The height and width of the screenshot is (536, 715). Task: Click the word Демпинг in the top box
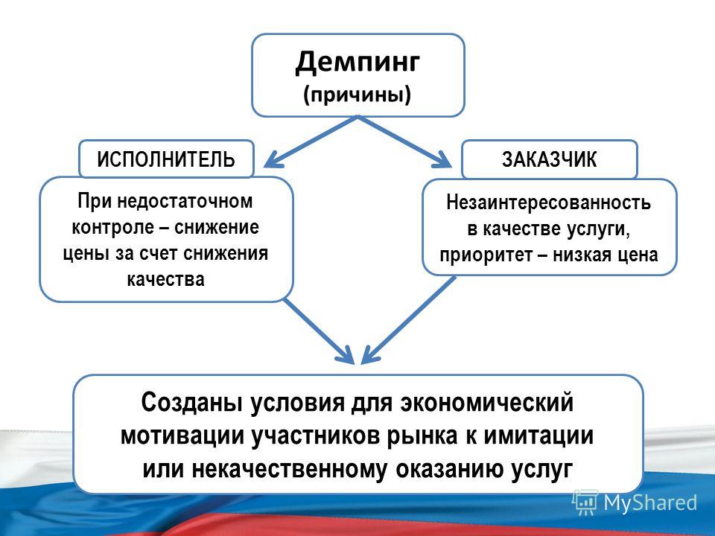coord(357,63)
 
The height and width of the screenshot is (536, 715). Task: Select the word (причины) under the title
coord(357,95)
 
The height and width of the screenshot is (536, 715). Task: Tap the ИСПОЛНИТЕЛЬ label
coord(166,159)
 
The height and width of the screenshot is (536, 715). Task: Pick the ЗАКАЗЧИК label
coord(550,159)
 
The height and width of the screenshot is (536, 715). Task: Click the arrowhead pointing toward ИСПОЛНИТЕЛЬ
coord(273,160)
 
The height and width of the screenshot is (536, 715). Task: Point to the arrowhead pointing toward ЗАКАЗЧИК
coord(442,160)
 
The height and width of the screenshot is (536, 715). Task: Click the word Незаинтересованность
coord(549,202)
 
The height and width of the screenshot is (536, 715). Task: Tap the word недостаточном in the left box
coord(185,200)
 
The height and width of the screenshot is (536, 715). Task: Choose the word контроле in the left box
coord(112,227)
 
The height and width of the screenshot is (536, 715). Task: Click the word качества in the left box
coord(165,279)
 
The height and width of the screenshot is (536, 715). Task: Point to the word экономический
coord(486,402)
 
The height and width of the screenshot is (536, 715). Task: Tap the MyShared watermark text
coord(651,502)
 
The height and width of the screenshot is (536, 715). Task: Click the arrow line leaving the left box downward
coord(319,331)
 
